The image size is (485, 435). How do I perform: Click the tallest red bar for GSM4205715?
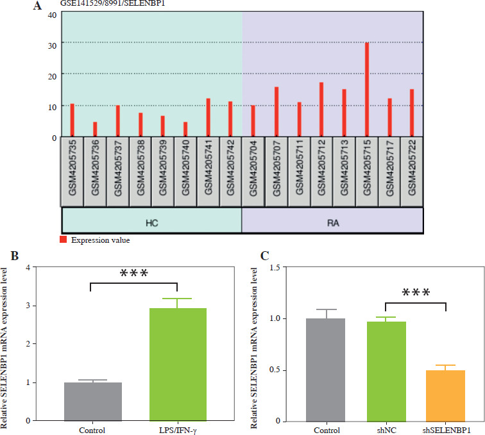366,90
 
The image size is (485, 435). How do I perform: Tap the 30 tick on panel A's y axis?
53,44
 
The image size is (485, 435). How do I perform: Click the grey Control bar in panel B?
93,401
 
